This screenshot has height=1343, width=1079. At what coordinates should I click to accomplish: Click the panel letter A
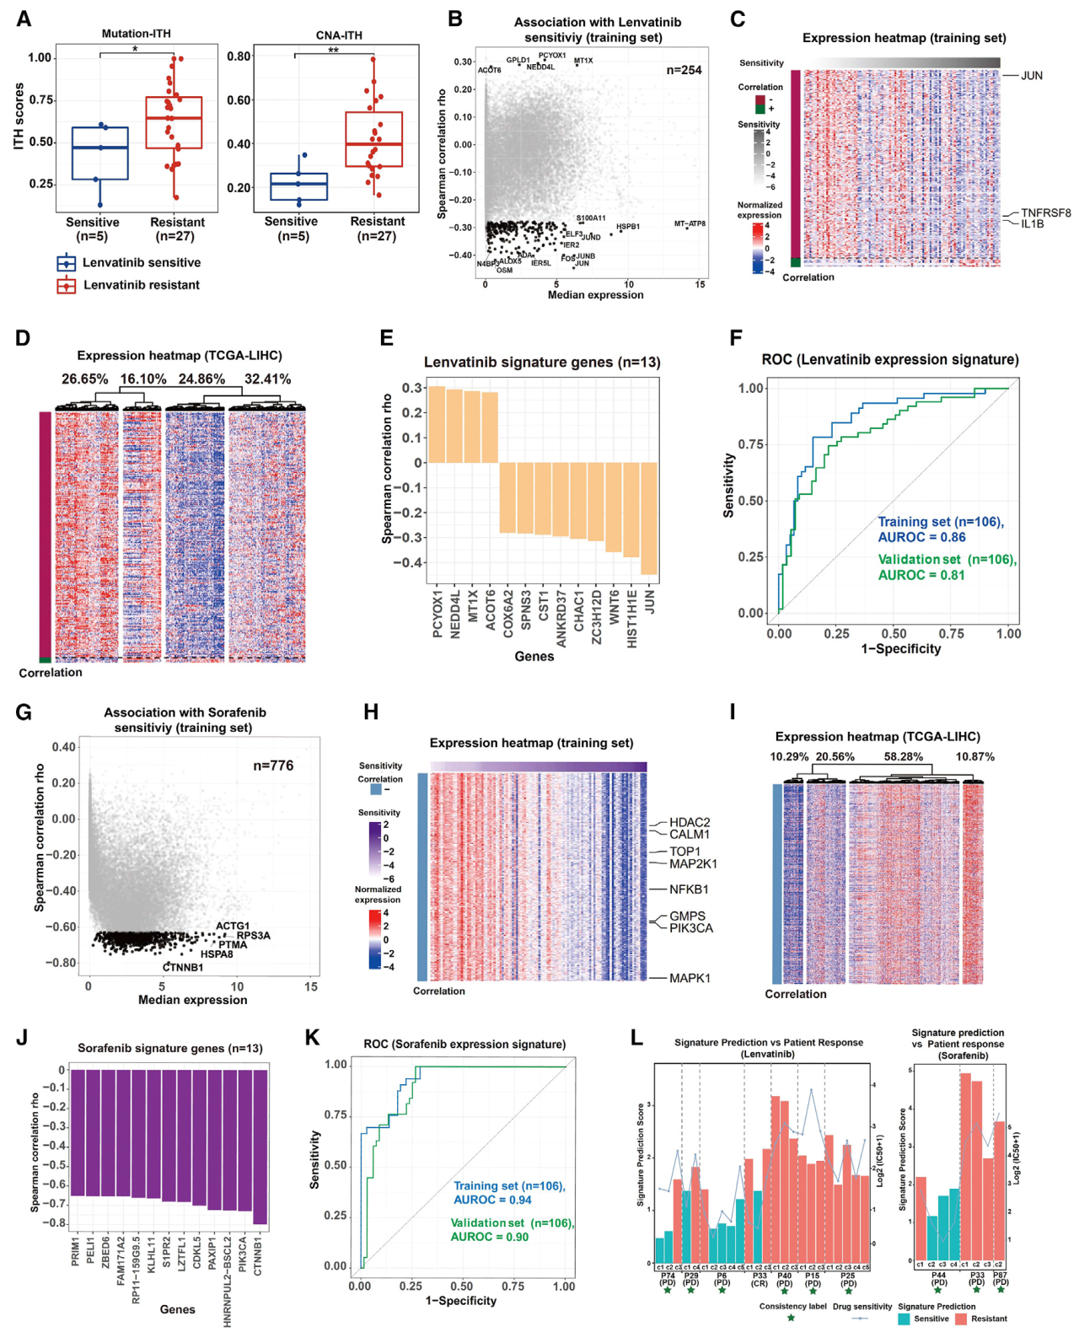tap(24, 19)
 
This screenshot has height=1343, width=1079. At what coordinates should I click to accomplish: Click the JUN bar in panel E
tap(648, 518)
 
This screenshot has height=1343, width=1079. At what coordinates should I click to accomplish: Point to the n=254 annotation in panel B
tap(684, 70)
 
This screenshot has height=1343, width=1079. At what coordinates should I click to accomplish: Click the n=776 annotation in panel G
tap(273, 766)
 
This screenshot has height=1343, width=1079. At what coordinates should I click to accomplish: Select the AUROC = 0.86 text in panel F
tap(921, 538)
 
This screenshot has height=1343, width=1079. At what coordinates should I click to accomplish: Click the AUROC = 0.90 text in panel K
tap(489, 1237)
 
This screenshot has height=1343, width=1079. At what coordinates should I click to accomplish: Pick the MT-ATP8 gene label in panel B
tap(690, 224)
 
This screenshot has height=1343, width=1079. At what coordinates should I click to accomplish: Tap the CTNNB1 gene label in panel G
tap(183, 967)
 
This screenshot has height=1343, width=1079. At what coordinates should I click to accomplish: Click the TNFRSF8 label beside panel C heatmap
tap(1045, 213)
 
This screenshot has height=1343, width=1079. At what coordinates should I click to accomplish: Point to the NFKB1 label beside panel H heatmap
tap(689, 889)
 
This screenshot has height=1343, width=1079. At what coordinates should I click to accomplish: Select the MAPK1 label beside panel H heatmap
tap(690, 978)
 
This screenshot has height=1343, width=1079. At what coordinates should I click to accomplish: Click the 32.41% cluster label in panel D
tap(267, 379)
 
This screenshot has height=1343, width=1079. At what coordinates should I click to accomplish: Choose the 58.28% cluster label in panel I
tap(904, 757)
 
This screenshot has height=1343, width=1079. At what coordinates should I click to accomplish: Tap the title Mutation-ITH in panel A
tap(136, 34)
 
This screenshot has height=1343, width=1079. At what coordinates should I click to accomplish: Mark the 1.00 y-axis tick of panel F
tap(751, 389)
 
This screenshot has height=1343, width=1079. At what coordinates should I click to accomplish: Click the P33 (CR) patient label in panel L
tap(760, 1279)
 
